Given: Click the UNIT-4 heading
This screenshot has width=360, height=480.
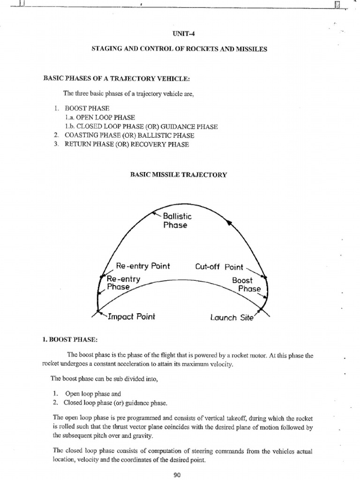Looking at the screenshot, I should point(180,34).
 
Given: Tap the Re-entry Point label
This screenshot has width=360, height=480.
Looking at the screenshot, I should point(142,267).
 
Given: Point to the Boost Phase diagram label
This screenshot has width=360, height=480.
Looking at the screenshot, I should point(245,285).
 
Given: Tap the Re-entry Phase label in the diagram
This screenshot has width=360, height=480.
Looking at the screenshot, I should point(120,283).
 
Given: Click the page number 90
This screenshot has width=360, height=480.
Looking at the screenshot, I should point(177,475).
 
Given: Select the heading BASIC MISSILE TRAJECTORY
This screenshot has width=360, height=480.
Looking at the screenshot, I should point(178,174).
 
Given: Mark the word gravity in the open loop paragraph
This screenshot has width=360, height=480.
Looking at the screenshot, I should point(156,435).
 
